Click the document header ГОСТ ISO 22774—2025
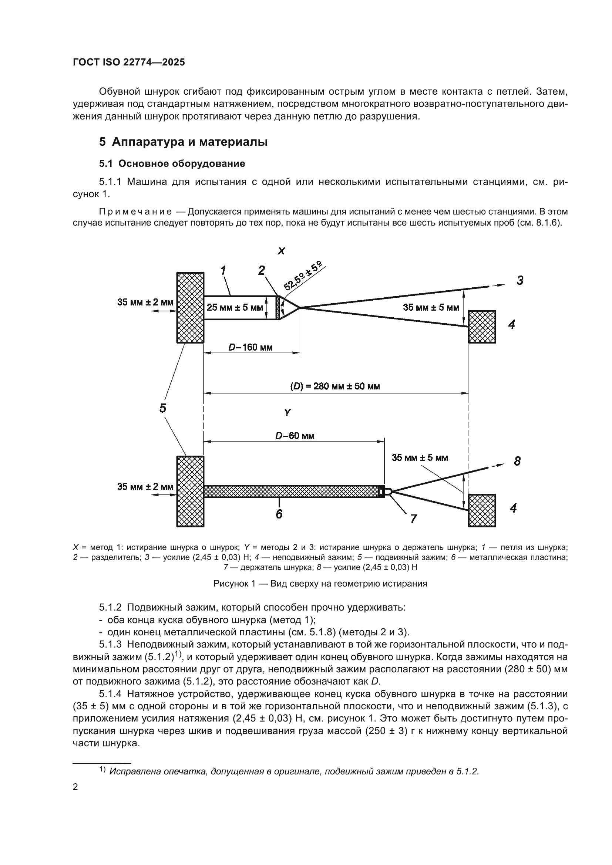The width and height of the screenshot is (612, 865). [129, 62]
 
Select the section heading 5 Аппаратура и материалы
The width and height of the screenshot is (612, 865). [184, 142]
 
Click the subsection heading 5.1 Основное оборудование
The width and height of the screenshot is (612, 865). [172, 163]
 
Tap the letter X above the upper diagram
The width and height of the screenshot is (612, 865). [281, 251]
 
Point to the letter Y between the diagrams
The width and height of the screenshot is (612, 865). [287, 413]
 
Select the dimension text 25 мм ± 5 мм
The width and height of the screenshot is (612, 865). [234, 307]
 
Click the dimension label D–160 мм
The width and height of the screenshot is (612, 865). [250, 347]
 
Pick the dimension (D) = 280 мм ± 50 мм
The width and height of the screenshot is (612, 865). [334, 386]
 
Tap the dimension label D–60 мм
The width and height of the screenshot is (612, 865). [295, 436]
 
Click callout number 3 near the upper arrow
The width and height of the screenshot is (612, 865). [520, 280]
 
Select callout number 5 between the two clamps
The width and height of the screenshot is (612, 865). [162, 408]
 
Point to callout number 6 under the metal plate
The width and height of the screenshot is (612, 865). [279, 514]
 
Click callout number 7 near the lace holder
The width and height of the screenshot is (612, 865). [413, 519]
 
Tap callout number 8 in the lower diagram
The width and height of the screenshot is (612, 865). [517, 461]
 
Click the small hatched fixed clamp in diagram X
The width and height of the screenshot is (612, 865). [482, 327]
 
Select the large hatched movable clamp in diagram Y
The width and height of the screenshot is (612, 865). [190, 491]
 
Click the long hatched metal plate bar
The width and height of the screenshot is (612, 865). [290, 491]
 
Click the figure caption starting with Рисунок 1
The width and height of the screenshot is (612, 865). [320, 584]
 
